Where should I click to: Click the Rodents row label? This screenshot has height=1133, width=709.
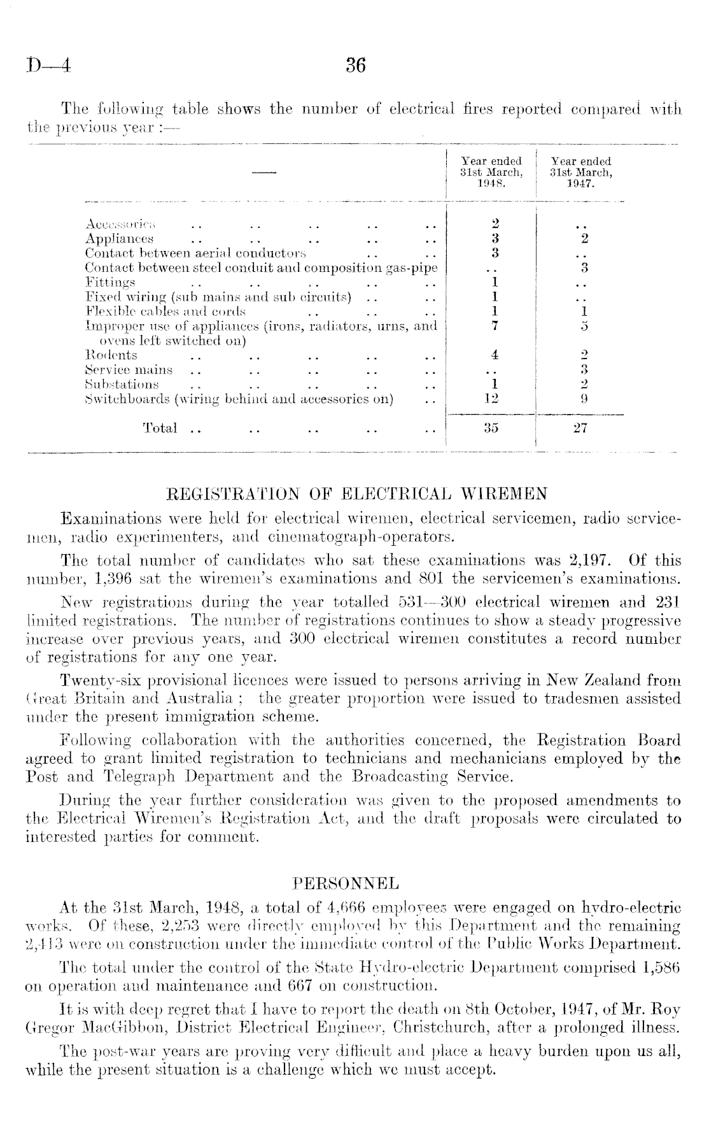click(x=111, y=355)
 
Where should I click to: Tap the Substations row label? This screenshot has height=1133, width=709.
click(x=122, y=385)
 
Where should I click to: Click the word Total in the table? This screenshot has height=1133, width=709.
click(x=160, y=429)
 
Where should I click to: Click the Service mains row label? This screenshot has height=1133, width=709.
click(x=129, y=370)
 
